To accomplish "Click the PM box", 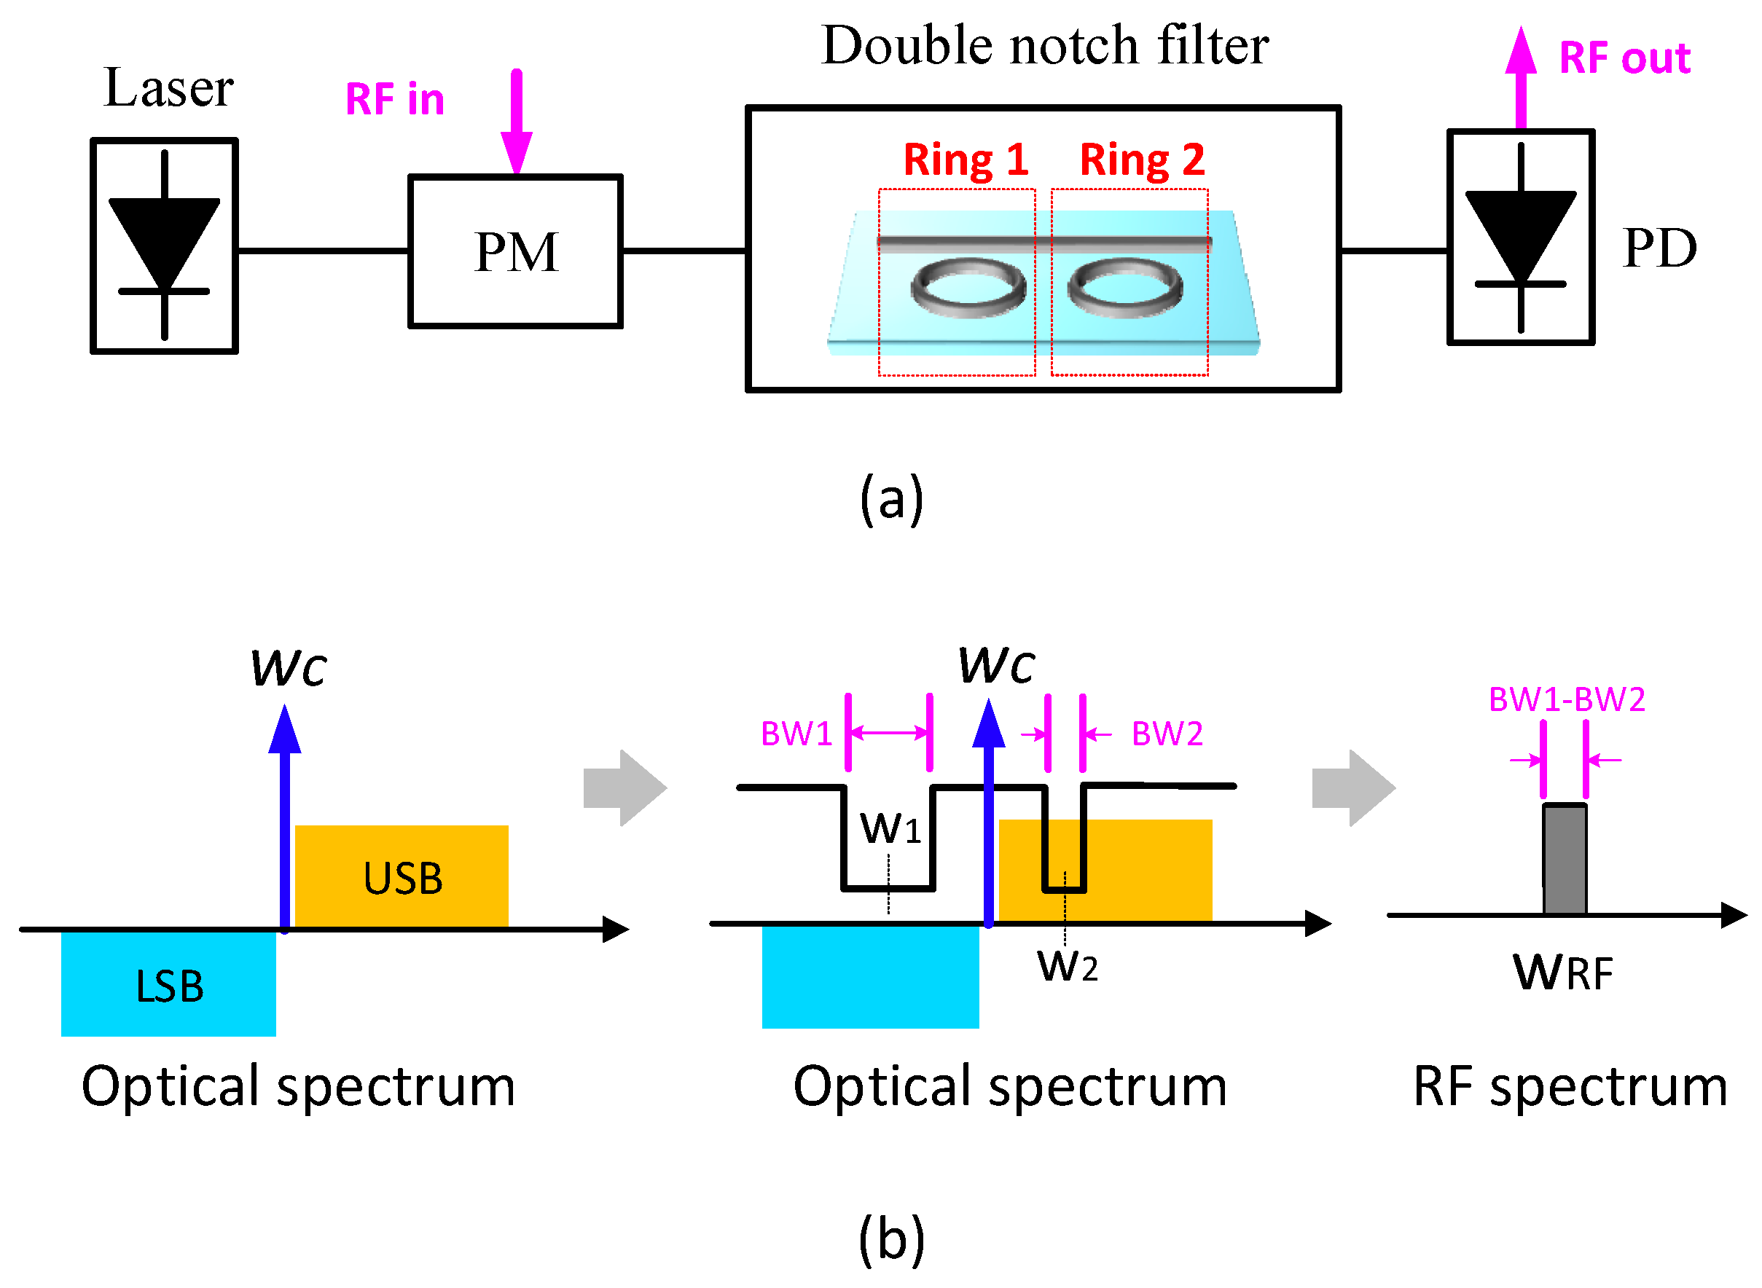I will coord(514,251).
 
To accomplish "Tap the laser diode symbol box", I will coord(164,246).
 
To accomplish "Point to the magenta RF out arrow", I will coord(1519,78).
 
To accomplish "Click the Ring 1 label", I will coord(966,160).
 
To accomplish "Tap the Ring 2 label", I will coord(1141,160).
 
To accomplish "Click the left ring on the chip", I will coord(968,288).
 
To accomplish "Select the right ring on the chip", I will coord(1124,288).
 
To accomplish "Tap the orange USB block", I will coord(402,876).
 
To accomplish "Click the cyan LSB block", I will coord(168,984).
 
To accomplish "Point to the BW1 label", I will coord(795,733).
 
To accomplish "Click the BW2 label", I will coord(1166,733).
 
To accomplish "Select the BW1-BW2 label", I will coord(1565,699).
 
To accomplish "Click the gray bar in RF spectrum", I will coord(1563,858).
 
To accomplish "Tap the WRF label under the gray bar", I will coord(1562,973).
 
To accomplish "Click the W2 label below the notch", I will coord(1066,966).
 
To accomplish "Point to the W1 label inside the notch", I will coord(890,828).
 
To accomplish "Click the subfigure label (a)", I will coord(890,499).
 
